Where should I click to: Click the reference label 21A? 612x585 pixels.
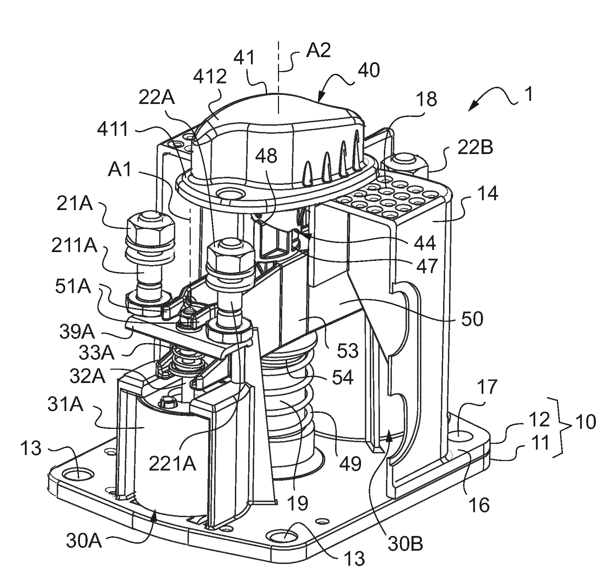[x=75, y=204]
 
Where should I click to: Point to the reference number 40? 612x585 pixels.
[x=368, y=71]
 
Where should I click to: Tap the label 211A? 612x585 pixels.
[x=74, y=246]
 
